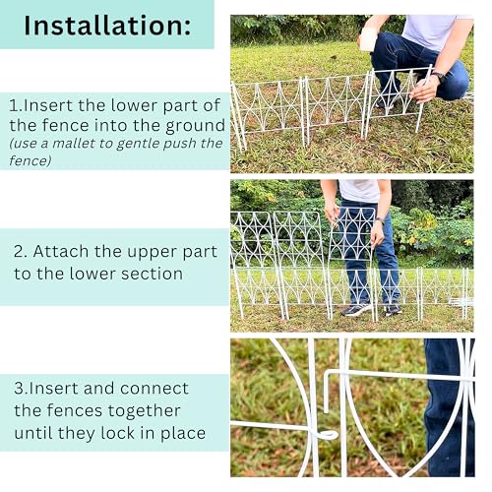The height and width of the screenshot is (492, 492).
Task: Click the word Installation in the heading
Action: point(103,26)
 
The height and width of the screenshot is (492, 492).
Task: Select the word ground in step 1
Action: point(195,127)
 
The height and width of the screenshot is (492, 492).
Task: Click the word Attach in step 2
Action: point(61,252)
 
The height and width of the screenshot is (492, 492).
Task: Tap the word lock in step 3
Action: point(118,433)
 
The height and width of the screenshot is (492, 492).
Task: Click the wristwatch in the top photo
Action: point(439,77)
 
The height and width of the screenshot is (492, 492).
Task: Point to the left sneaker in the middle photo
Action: point(356,309)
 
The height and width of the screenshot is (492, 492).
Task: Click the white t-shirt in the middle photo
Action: point(360,190)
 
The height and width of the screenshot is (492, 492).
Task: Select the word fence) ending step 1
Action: point(31,160)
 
